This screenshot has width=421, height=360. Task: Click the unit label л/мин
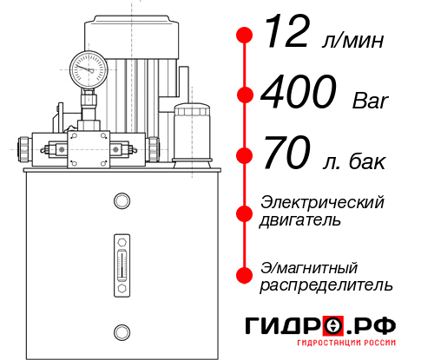(351, 42)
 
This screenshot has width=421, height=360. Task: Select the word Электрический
(322, 202)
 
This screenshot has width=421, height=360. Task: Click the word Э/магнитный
(309, 266)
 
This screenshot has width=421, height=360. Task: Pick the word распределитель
(326, 285)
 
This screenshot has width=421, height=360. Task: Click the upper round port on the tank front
(121, 201)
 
